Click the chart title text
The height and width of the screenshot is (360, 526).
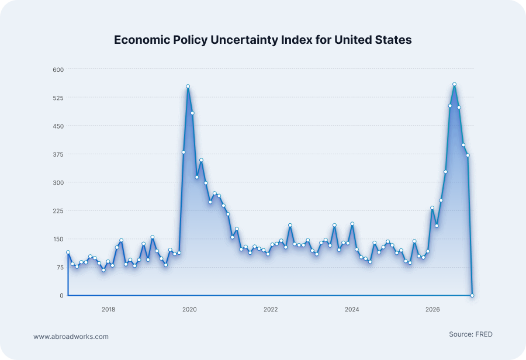pyautogui.click(x=263, y=40)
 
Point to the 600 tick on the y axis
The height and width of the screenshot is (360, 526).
pyautogui.click(x=58, y=70)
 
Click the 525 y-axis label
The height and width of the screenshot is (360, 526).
pyautogui.click(x=58, y=98)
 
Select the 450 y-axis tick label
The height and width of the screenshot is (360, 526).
pyautogui.click(x=58, y=126)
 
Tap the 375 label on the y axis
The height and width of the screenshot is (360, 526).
pyautogui.click(x=58, y=154)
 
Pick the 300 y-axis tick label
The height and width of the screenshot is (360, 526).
pyautogui.click(x=58, y=182)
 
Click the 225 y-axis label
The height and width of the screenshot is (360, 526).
pyautogui.click(x=58, y=211)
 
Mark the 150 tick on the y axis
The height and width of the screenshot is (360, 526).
pyautogui.click(x=58, y=239)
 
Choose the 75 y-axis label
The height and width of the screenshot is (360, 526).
pyautogui.click(x=60, y=268)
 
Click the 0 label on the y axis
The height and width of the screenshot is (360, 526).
pyautogui.click(x=61, y=296)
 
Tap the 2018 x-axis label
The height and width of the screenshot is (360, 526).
pyautogui.click(x=108, y=309)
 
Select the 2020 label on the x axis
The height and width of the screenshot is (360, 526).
pyautogui.click(x=189, y=309)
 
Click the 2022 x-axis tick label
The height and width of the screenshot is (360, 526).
pyautogui.click(x=271, y=309)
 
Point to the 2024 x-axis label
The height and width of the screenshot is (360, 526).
pyautogui.click(x=352, y=309)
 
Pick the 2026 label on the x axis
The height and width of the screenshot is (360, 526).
pyautogui.click(x=432, y=309)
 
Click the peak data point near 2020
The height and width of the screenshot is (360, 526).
pyautogui.click(x=188, y=86)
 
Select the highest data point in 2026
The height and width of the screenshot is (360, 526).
pyautogui.click(x=454, y=85)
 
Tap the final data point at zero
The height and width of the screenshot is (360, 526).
pyautogui.click(x=472, y=295)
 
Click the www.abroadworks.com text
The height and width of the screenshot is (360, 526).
pyautogui.click(x=71, y=337)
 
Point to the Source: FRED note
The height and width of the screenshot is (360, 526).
pyautogui.click(x=470, y=334)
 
